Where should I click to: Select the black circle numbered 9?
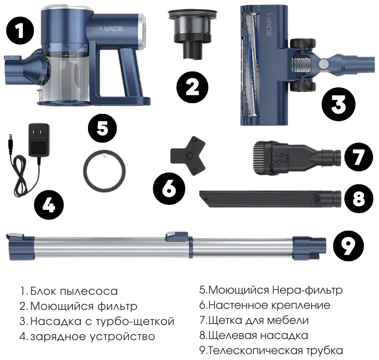pos(348,247)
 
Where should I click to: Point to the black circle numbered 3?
pos(338,104)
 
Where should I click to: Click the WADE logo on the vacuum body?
pos(112,29)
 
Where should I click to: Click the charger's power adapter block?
pos(39,140)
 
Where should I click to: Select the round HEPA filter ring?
pos(105,171)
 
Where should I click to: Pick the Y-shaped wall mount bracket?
pos(188,156)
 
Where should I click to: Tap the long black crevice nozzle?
pos(270,199)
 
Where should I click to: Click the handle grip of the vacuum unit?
pos(128,73)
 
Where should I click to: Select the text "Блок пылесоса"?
pos(74,291)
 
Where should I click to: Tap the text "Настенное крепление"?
pos(269,305)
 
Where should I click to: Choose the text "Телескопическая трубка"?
pos(275,350)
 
